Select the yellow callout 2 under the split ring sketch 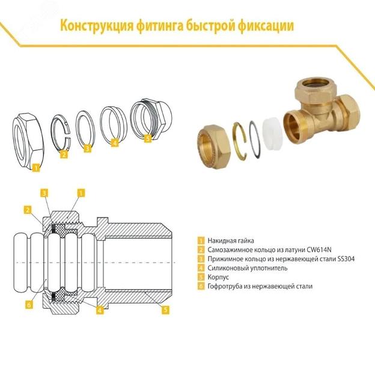(64, 155)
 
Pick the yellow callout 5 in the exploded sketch (148, 139)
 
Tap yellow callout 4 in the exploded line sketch (114, 144)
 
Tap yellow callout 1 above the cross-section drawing (81, 192)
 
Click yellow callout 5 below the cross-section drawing (166, 310)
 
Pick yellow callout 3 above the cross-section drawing (44, 192)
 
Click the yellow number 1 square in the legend (201, 241)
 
